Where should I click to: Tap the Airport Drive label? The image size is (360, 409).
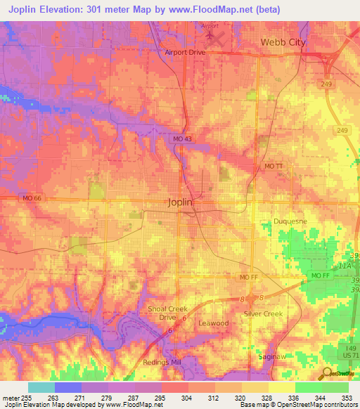point(185,52)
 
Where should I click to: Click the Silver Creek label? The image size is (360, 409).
point(263,313)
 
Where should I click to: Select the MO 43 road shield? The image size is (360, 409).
point(181,139)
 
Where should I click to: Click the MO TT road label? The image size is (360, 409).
point(274,164)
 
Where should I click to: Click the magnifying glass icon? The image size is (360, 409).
point(328,373)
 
